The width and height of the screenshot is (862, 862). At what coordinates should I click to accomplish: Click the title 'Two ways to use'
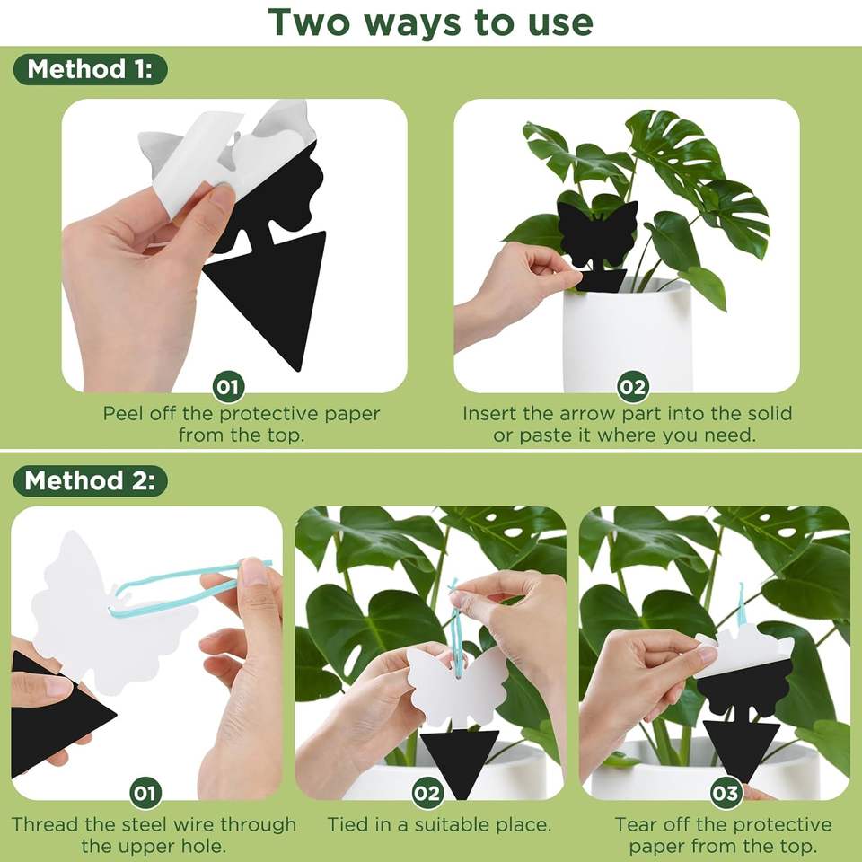click(x=430, y=23)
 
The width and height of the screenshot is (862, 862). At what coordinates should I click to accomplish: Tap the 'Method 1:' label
click(x=90, y=69)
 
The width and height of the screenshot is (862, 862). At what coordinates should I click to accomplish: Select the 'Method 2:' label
click(x=90, y=480)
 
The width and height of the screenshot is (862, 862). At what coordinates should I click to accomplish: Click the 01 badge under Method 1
click(x=229, y=387)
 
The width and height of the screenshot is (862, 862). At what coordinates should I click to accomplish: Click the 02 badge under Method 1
click(x=633, y=387)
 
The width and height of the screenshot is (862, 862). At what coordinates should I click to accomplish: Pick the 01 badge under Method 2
click(x=145, y=793)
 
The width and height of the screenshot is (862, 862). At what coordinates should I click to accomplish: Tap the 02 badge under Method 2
click(x=427, y=793)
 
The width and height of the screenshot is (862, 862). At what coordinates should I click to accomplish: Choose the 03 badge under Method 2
click(x=726, y=793)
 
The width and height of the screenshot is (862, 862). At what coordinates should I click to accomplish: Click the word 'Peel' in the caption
click(x=124, y=413)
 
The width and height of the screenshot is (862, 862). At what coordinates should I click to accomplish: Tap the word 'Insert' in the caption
click(x=488, y=413)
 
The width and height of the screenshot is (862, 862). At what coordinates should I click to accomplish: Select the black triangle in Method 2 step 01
click(x=55, y=715)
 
